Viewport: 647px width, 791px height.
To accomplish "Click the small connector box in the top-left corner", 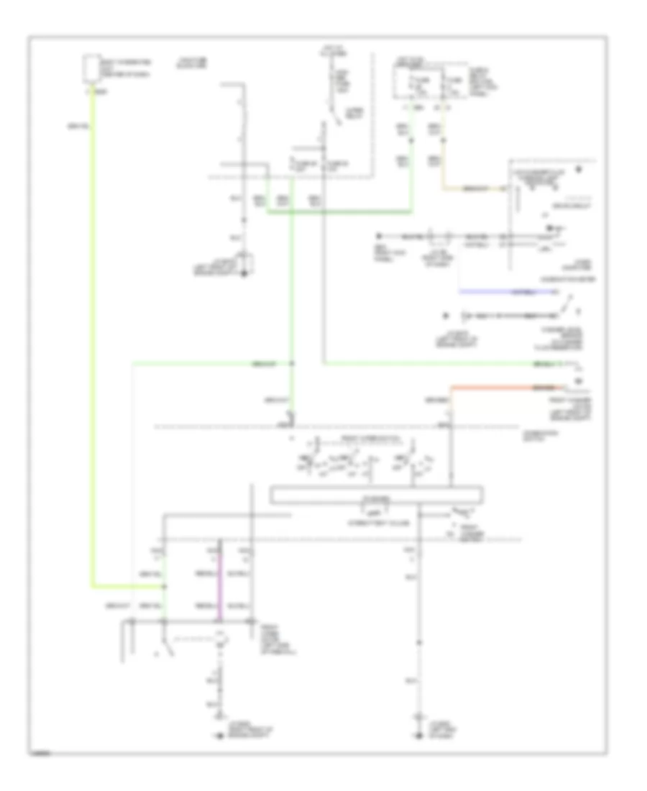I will (91, 68).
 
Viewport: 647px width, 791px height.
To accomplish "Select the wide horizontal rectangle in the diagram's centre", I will (376, 495).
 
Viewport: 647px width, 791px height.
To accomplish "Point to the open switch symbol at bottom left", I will (168, 649).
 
